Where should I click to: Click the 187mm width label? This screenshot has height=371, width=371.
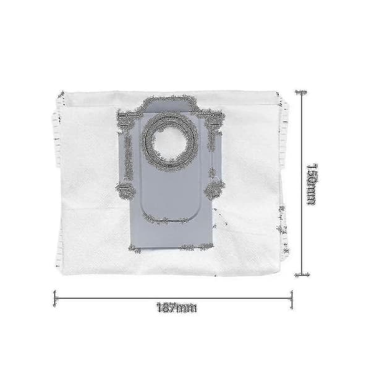pyautogui.click(x=177, y=307)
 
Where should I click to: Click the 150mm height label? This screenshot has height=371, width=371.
pyautogui.click(x=312, y=184)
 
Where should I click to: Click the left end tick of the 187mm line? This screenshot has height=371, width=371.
pyautogui.click(x=55, y=299)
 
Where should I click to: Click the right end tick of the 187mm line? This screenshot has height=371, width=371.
pyautogui.click(x=292, y=299)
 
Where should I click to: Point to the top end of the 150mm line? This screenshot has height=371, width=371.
pyautogui.click(x=301, y=92)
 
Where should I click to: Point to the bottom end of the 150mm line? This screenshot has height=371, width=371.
pyautogui.click(x=302, y=275)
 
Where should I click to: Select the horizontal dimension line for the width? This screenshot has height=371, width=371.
pyautogui.click(x=173, y=299)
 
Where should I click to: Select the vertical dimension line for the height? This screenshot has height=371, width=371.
pyautogui.click(x=302, y=184)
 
